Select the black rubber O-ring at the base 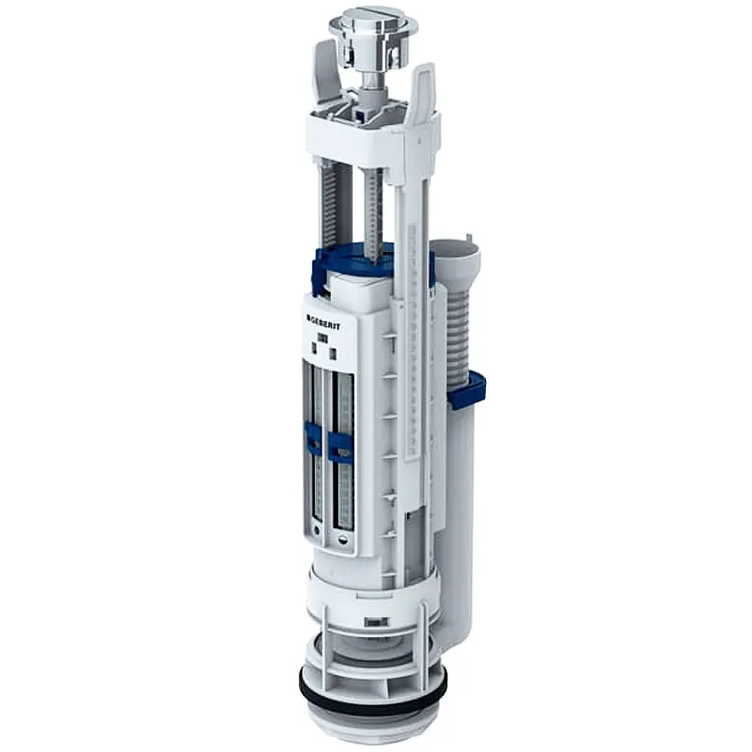(374, 691)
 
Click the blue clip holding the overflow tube (467, 388)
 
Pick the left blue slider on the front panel (313, 438)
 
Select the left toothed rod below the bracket (329, 201)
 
